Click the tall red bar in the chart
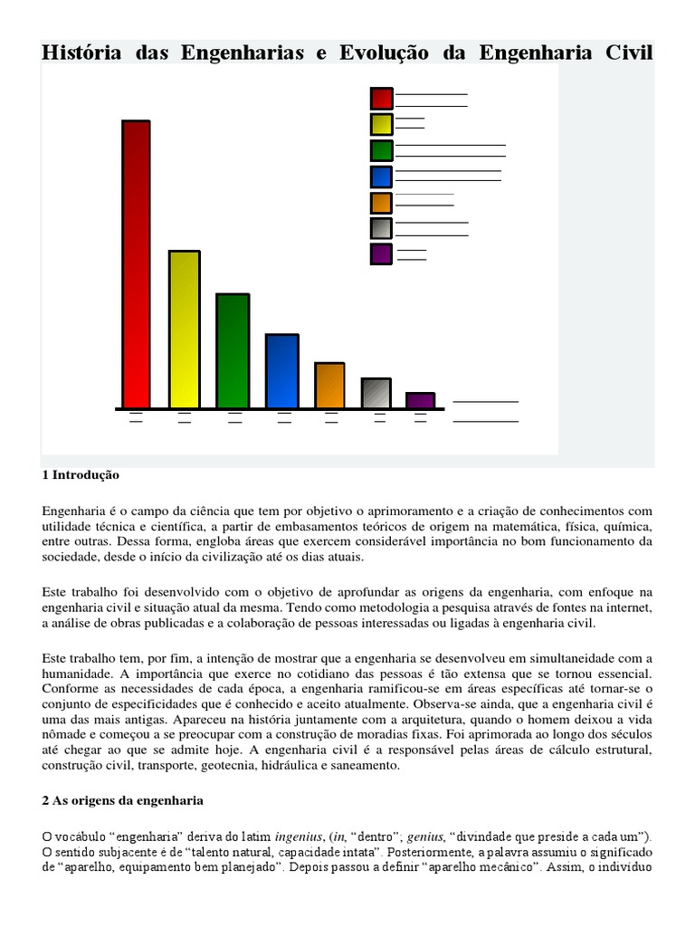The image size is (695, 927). point(136,264)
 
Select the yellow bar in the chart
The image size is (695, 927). point(185,330)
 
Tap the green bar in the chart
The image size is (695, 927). point(232,351)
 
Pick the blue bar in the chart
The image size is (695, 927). point(281,371)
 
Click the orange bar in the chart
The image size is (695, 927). point(329,386)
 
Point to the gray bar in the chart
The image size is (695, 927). point(376,393)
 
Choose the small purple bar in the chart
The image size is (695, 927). point(420,400)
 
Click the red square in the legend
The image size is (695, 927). point(381,99)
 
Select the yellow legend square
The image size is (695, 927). point(381,124)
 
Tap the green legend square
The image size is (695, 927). point(381,151)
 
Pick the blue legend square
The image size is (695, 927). point(381,177)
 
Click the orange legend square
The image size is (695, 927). point(381,203)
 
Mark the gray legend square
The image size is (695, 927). point(381,228)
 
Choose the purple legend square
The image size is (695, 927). point(381,254)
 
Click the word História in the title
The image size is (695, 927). point(83,53)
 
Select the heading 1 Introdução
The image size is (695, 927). point(81,475)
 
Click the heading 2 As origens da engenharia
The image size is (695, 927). point(123,801)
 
